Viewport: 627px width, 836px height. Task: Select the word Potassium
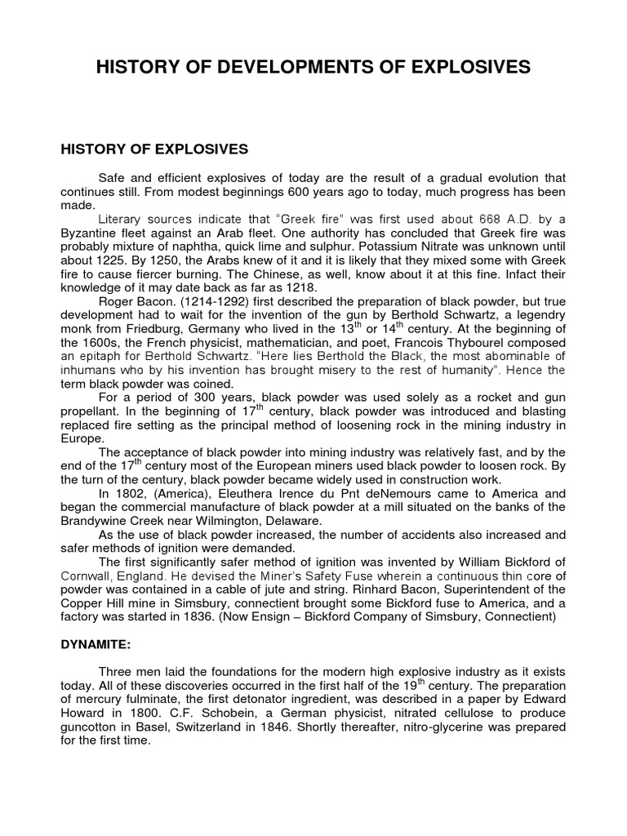(382, 248)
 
